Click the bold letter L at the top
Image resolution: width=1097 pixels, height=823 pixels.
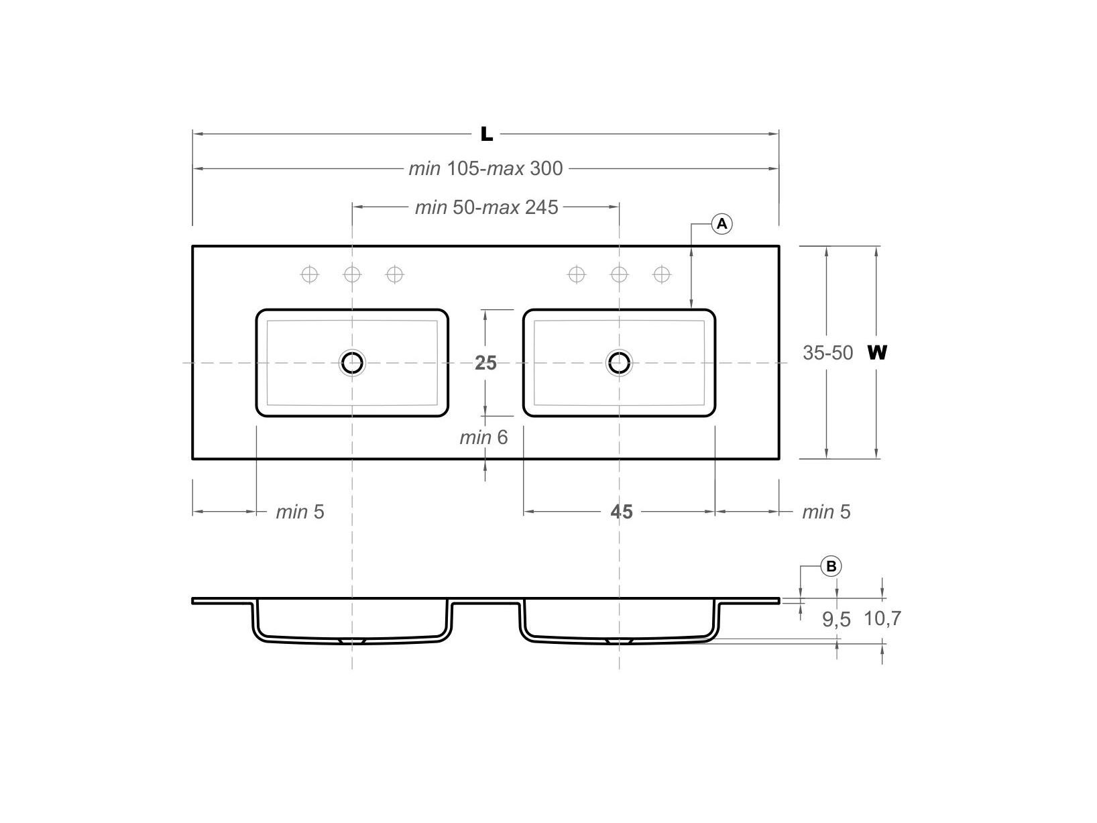[487, 134]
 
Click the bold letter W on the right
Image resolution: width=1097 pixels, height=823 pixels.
[877, 352]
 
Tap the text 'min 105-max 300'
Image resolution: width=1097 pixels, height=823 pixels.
[485, 168]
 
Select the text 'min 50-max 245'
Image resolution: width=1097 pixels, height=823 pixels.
[486, 207]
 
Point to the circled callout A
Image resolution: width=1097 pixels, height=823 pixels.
[722, 224]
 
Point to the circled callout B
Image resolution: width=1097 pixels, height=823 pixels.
[831, 567]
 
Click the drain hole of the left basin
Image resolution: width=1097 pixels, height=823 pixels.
[352, 363]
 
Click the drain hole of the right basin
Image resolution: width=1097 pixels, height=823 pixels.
[619, 363]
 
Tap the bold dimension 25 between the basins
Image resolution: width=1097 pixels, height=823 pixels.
[485, 363]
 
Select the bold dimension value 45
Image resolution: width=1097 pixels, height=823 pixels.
[622, 512]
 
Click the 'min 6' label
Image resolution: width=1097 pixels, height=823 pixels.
[483, 438]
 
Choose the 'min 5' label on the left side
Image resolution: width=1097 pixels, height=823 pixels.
[300, 512]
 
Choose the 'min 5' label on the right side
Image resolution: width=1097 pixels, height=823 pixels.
[826, 512]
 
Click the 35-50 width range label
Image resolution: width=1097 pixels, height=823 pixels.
[827, 352]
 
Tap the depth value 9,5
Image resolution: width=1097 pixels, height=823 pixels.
[836, 620]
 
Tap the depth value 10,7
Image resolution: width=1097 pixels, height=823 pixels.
[882, 618]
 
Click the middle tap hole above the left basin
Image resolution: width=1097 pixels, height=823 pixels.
[352, 274]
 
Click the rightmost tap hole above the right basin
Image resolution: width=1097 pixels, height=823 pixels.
[662, 274]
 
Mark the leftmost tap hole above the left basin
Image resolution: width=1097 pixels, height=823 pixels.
[309, 274]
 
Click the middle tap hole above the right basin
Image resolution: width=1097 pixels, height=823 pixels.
[619, 274]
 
